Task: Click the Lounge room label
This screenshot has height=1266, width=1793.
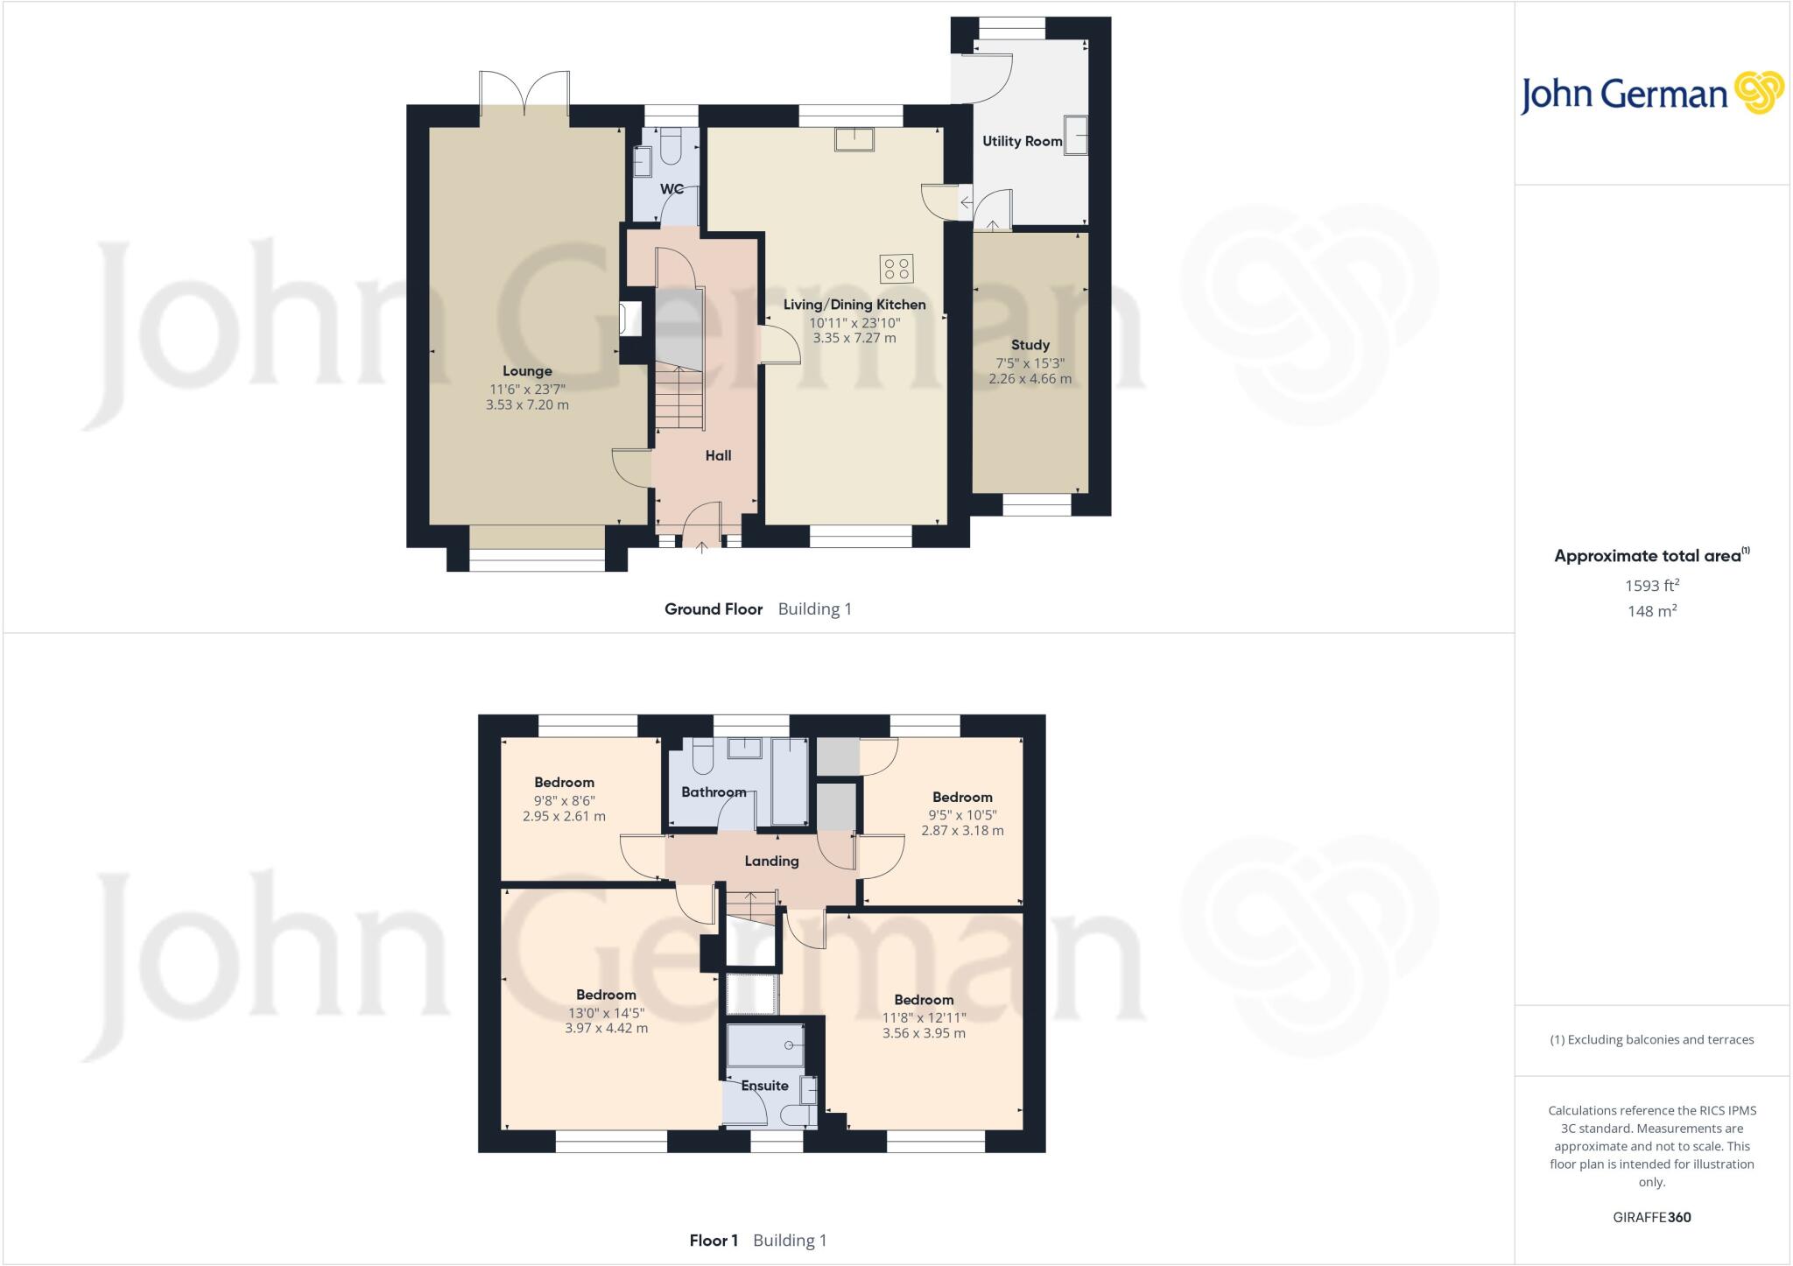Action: pyautogui.click(x=527, y=371)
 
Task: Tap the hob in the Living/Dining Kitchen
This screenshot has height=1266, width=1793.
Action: pyautogui.click(x=896, y=269)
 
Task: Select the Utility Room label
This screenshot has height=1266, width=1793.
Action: pyautogui.click(x=1022, y=141)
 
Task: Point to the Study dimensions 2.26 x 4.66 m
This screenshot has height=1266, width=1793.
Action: pyautogui.click(x=1030, y=379)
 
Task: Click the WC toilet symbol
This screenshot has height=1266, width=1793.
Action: pyautogui.click(x=671, y=148)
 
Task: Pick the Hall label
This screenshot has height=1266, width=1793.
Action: pyautogui.click(x=718, y=455)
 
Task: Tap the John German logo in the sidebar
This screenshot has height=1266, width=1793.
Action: pyautogui.click(x=1651, y=95)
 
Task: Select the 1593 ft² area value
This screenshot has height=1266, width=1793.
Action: pyautogui.click(x=1651, y=586)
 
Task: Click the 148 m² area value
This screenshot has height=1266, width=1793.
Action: pyautogui.click(x=1651, y=611)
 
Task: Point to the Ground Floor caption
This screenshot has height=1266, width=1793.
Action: pyautogui.click(x=714, y=609)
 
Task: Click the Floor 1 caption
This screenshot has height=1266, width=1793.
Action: pyautogui.click(x=714, y=1241)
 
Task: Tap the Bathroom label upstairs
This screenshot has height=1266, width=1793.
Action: pyautogui.click(x=714, y=792)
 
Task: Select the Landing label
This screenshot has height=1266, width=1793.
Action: pyautogui.click(x=771, y=861)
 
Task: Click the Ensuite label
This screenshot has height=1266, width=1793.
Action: pyautogui.click(x=764, y=1086)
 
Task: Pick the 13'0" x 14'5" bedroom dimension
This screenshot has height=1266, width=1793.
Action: pyautogui.click(x=606, y=1013)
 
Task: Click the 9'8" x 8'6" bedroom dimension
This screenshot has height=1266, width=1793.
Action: pyautogui.click(x=564, y=800)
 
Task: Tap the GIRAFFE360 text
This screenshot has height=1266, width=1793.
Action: pyautogui.click(x=1651, y=1217)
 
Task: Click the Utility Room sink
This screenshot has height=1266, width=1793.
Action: pyautogui.click(x=1076, y=134)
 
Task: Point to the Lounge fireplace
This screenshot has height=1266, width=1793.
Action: pyautogui.click(x=629, y=319)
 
